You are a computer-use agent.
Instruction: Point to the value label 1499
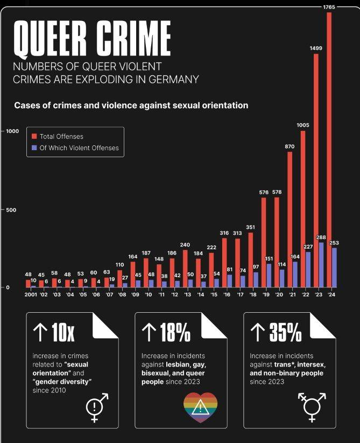click(x=316, y=48)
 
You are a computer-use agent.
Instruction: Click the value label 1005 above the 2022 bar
click(x=303, y=125)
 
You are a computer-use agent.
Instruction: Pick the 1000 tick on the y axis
click(x=12, y=131)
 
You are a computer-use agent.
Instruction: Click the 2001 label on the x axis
click(x=31, y=295)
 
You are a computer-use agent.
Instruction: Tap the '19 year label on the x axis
click(x=266, y=295)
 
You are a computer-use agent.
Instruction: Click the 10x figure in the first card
click(x=63, y=333)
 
